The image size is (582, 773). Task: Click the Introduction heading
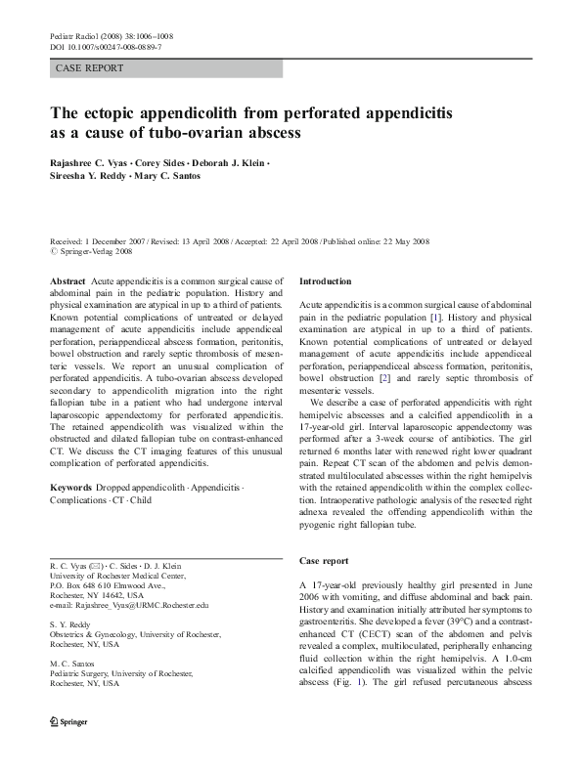pyautogui.click(x=326, y=281)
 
